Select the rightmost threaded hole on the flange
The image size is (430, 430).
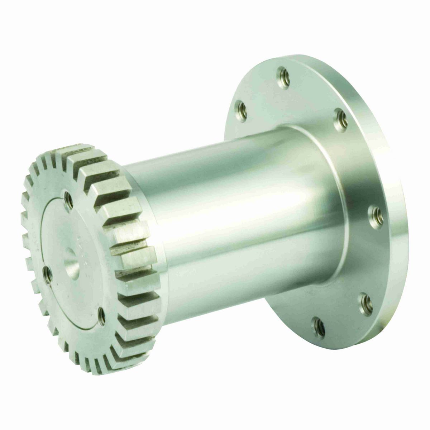(377, 214)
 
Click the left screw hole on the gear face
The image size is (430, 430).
(47, 273)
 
